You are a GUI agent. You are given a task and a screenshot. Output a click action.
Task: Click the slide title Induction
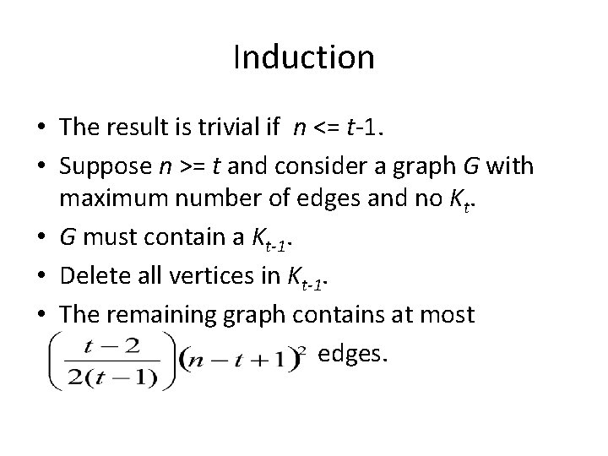304,58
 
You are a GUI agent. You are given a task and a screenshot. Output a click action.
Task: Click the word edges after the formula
352,354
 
